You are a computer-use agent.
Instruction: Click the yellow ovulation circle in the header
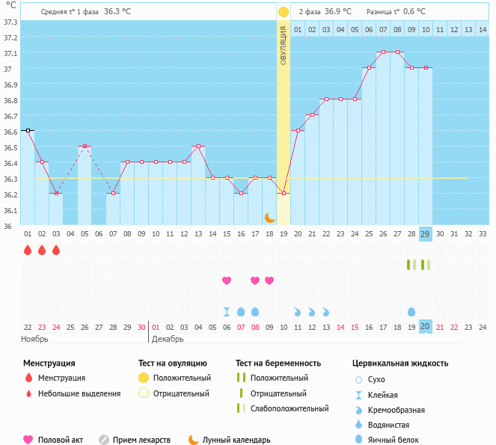284,12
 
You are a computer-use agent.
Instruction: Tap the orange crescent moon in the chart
269,217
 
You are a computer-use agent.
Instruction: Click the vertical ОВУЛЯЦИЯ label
284,46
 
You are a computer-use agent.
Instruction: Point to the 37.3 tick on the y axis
10,22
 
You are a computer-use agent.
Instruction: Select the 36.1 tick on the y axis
10,210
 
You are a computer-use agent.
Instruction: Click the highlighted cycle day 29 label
426,234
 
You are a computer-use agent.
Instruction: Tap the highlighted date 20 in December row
426,327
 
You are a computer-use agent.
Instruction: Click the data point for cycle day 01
28,130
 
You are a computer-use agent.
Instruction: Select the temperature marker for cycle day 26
383,52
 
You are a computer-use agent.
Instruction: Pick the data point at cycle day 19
284,193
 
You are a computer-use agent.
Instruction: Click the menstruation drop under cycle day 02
42,250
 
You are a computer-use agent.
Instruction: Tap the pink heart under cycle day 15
227,280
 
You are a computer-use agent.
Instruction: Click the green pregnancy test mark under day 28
409,265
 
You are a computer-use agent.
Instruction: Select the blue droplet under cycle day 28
411,311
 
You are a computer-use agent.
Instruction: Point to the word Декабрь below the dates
168,339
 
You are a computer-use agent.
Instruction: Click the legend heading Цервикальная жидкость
400,363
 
